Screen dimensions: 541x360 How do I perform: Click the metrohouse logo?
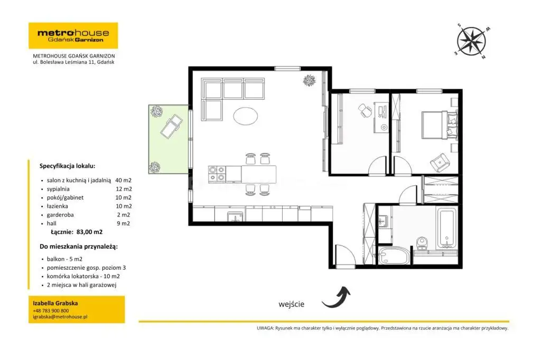tap(73, 35)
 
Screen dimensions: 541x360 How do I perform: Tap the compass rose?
tap(472, 41)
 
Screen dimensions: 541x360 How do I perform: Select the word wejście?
tap(292, 304)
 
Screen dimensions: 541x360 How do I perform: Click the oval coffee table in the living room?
tap(245, 116)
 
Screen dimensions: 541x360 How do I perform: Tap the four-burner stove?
tap(217, 174)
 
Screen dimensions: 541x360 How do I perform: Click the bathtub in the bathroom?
tap(447, 228)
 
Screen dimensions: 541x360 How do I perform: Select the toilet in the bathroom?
tap(422, 243)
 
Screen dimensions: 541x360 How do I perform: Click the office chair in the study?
tap(365, 110)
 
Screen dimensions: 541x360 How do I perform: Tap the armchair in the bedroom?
tap(440, 163)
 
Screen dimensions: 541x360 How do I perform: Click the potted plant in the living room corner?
tap(309, 80)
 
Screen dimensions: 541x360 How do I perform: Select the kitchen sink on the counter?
tap(235, 216)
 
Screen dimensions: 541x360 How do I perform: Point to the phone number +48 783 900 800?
tap(51, 311)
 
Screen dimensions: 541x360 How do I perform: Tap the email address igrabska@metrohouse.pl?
tap(60, 317)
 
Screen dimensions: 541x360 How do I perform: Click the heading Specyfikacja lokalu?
tap(67, 166)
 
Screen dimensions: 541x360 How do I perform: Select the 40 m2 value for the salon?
tap(123, 181)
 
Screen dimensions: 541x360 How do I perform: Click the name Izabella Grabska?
tap(55, 304)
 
